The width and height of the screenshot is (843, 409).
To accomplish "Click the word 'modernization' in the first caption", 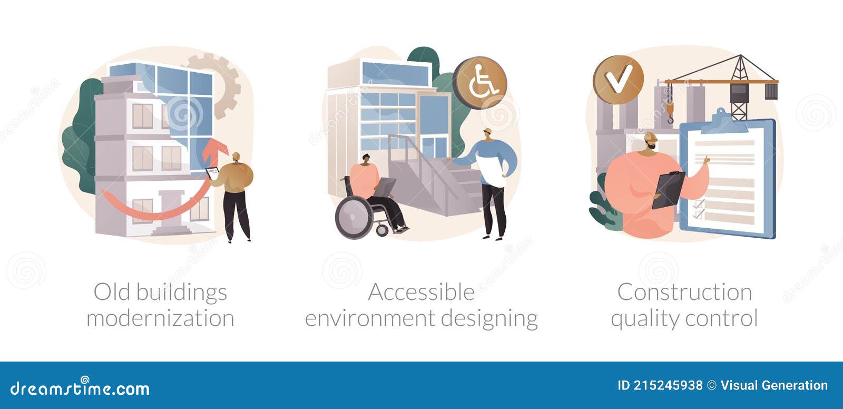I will coord(160,318).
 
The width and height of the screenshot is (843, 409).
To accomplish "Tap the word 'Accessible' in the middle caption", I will coord(421,292).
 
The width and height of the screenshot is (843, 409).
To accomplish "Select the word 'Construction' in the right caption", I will coord(684,292).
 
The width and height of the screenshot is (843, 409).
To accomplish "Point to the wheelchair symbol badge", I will coord(479,83).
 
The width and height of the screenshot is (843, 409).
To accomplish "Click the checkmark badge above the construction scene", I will coord(618,81).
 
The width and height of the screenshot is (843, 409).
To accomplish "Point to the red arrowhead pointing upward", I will coord(213,147).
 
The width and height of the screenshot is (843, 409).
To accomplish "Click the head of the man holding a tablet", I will coord(236,157).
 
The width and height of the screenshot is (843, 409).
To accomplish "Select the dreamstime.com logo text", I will coord(80,388).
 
